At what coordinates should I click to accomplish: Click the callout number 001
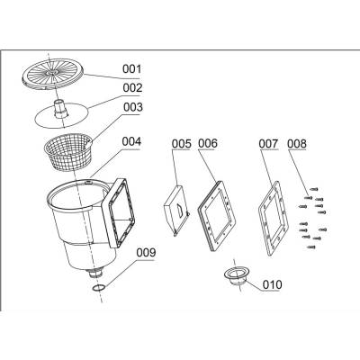131,69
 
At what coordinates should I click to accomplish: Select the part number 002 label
132,88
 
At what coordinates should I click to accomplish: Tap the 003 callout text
133,107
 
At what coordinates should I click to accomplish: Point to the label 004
131,141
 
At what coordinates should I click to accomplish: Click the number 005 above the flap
181,144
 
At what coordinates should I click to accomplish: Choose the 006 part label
208,143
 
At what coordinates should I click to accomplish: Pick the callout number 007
268,144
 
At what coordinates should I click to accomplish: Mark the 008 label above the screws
297,144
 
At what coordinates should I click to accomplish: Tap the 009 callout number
146,253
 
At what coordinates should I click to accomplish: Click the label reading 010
273,284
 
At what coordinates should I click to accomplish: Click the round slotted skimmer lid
53,74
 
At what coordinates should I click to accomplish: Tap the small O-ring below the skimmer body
99,288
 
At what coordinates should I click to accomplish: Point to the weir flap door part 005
176,211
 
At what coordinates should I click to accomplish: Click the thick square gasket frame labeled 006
217,215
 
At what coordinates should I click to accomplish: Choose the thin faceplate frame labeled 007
273,218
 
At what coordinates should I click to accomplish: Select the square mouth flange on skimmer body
119,212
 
